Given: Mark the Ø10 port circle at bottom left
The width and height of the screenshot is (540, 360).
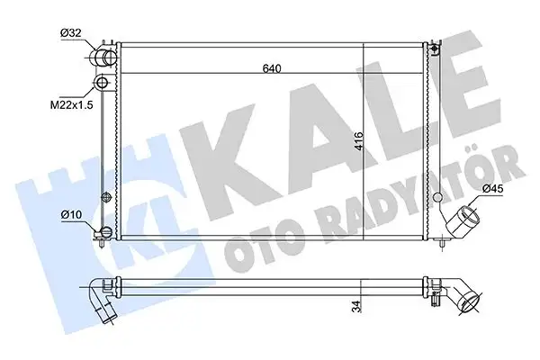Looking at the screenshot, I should [104, 234].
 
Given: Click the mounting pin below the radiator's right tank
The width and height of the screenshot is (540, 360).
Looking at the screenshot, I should [440, 241].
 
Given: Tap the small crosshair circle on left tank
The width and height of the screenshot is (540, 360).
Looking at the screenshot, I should [107, 196].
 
